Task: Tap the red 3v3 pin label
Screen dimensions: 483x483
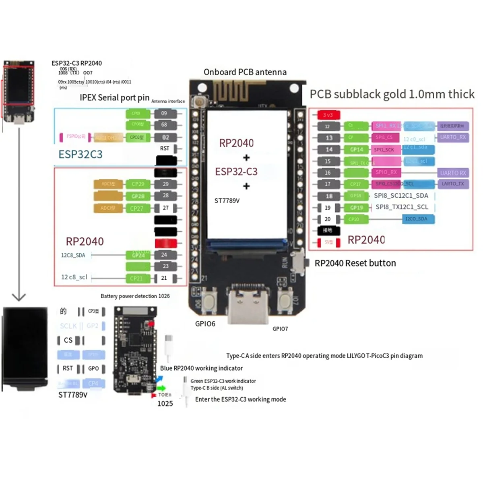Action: (328, 115)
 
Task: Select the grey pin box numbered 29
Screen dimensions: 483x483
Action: (165, 184)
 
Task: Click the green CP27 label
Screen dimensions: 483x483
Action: (137, 208)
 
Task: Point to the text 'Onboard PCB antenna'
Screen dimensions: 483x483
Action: (245, 72)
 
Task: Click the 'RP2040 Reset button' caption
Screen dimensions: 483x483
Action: (355, 263)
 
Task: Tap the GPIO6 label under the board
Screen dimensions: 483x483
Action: (205, 324)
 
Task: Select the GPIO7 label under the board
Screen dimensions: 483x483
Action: (280, 329)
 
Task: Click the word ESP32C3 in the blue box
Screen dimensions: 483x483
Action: (80, 155)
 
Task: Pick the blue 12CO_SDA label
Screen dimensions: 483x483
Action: (416, 219)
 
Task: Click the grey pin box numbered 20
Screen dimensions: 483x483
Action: (328, 219)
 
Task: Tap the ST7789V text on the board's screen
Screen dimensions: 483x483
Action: (227, 201)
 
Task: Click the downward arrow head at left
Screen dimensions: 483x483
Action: (19, 297)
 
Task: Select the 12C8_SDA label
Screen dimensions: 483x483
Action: (73, 255)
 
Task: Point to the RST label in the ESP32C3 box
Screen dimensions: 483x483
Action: (165, 149)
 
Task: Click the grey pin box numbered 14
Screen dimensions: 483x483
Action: (329, 149)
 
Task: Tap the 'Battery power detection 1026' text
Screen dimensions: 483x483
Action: (135, 296)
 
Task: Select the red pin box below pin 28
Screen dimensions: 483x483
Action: (166, 243)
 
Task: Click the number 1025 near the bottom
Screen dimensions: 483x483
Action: (165, 404)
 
